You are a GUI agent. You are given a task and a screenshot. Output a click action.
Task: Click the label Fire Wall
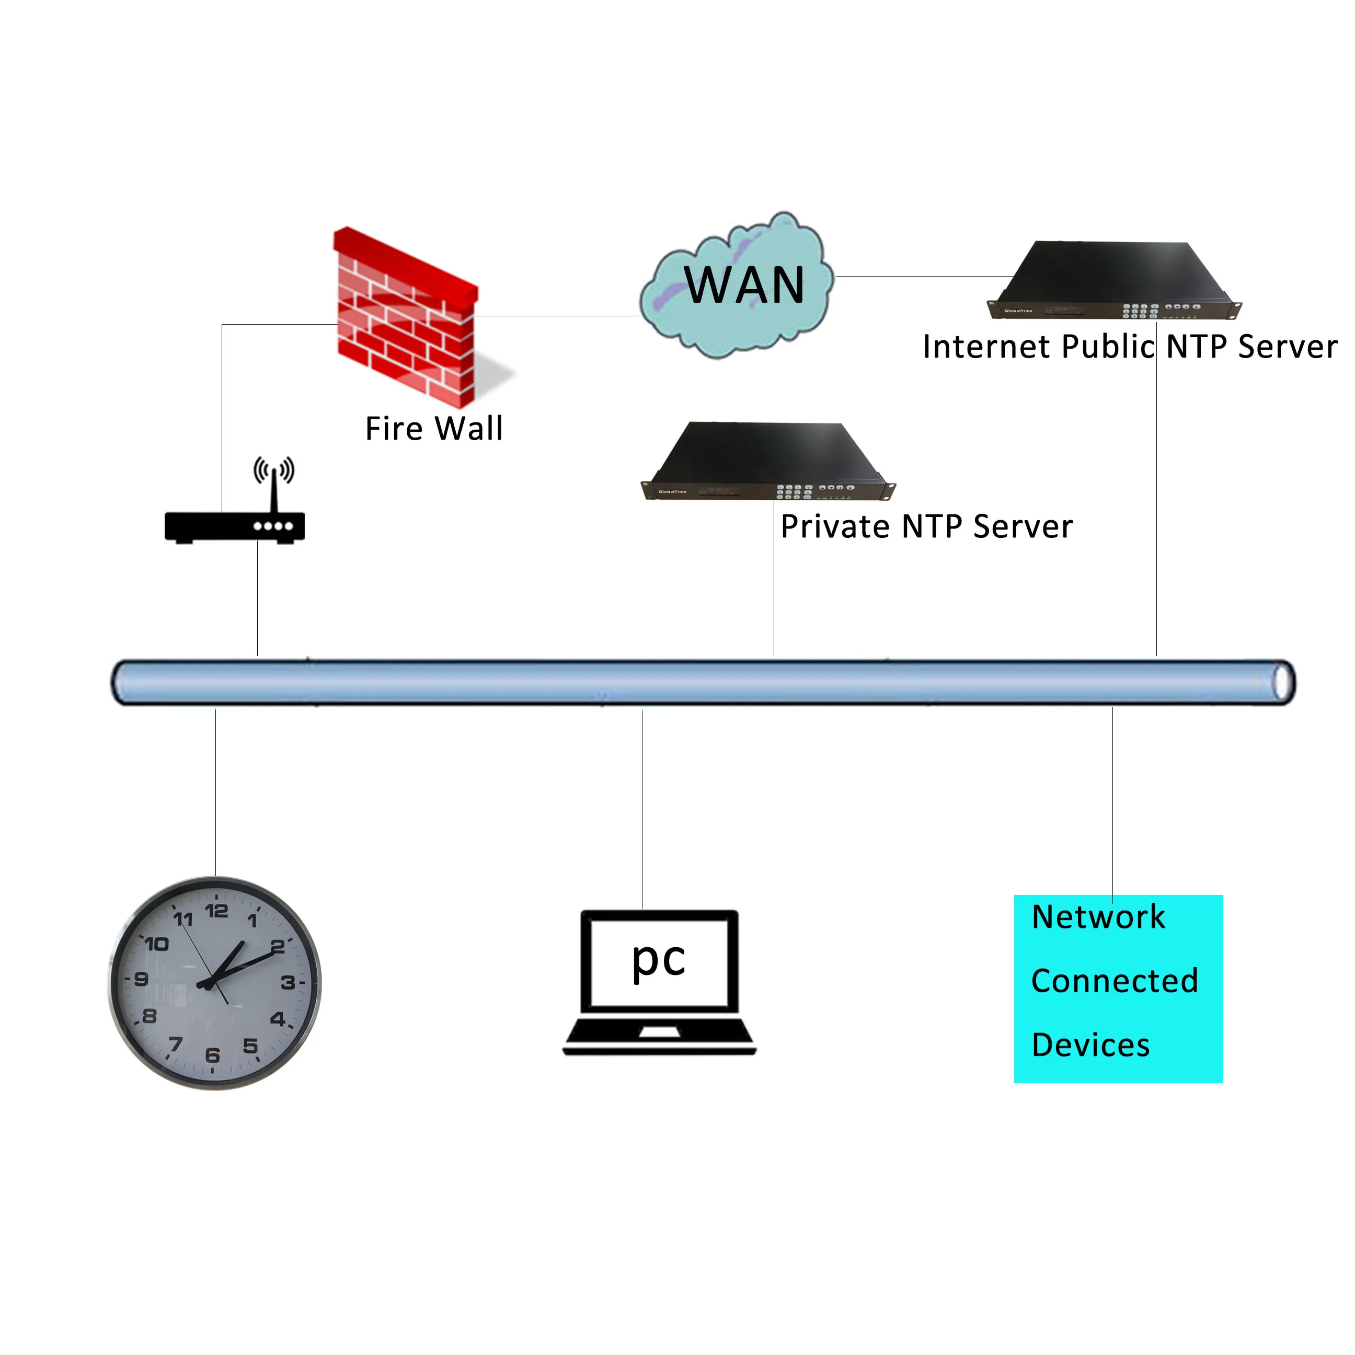point(434,429)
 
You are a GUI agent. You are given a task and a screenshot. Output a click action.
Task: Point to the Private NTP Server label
point(926,527)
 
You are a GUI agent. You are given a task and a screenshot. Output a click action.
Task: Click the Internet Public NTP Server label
point(1129,347)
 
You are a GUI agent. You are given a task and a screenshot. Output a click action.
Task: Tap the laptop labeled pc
point(659,982)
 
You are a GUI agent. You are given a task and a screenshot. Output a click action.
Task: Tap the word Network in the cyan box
point(1098,917)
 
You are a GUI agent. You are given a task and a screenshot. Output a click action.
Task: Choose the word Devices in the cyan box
point(1090,1045)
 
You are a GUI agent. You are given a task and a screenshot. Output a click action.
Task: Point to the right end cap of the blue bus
point(1283,682)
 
